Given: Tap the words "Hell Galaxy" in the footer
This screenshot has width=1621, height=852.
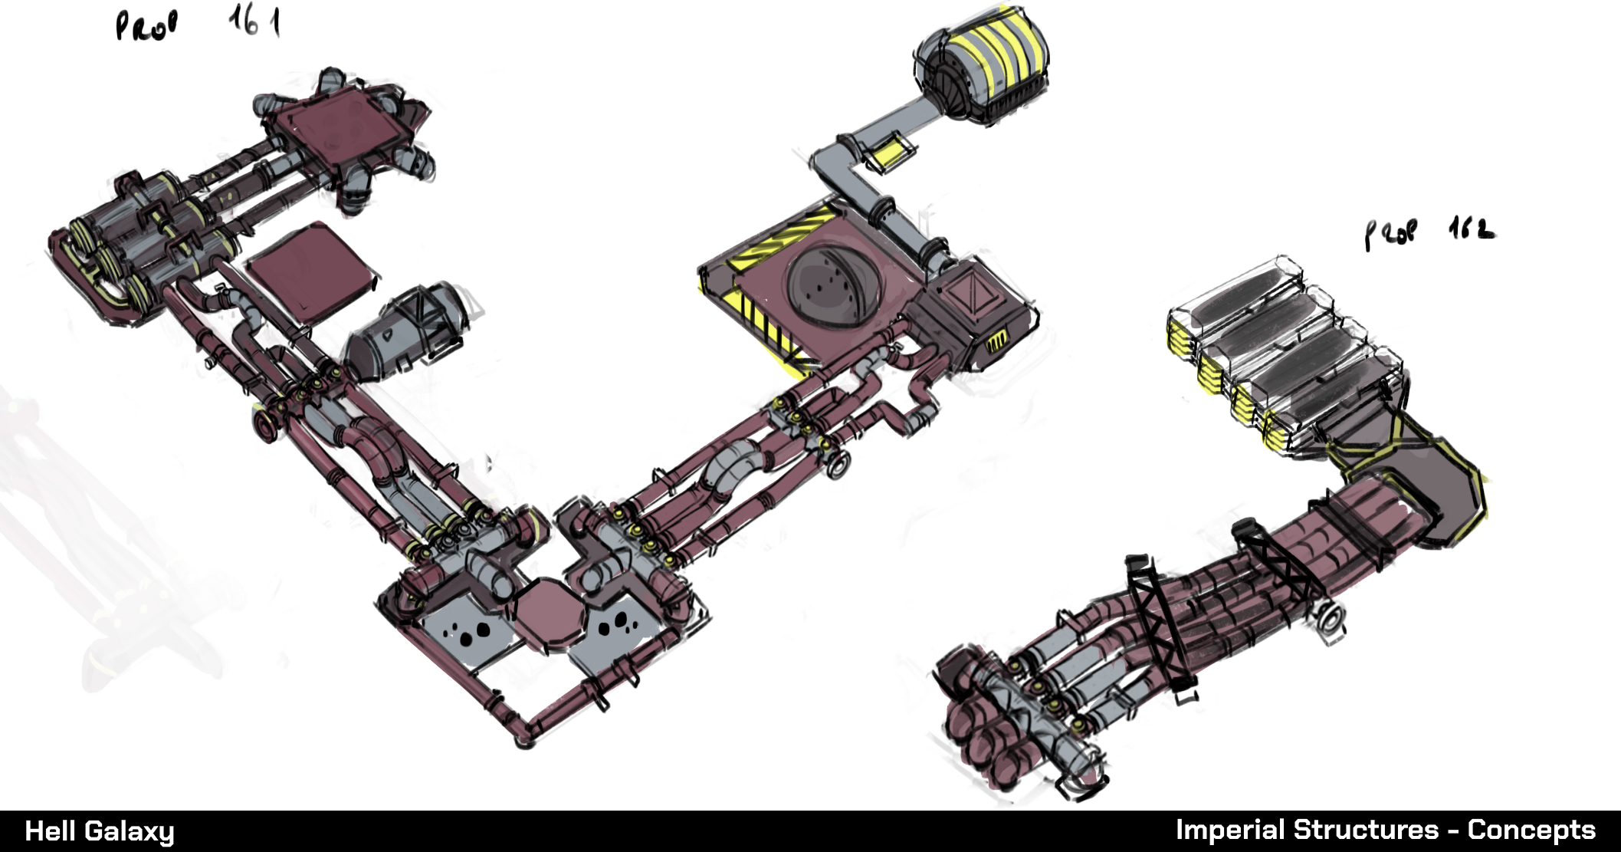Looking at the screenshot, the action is (x=100, y=831).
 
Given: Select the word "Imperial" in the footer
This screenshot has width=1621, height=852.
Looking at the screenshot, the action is (x=1230, y=830).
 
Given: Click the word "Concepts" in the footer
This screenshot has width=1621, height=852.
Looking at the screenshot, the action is (x=1531, y=830).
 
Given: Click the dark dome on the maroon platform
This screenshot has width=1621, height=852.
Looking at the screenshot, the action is (x=834, y=285).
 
